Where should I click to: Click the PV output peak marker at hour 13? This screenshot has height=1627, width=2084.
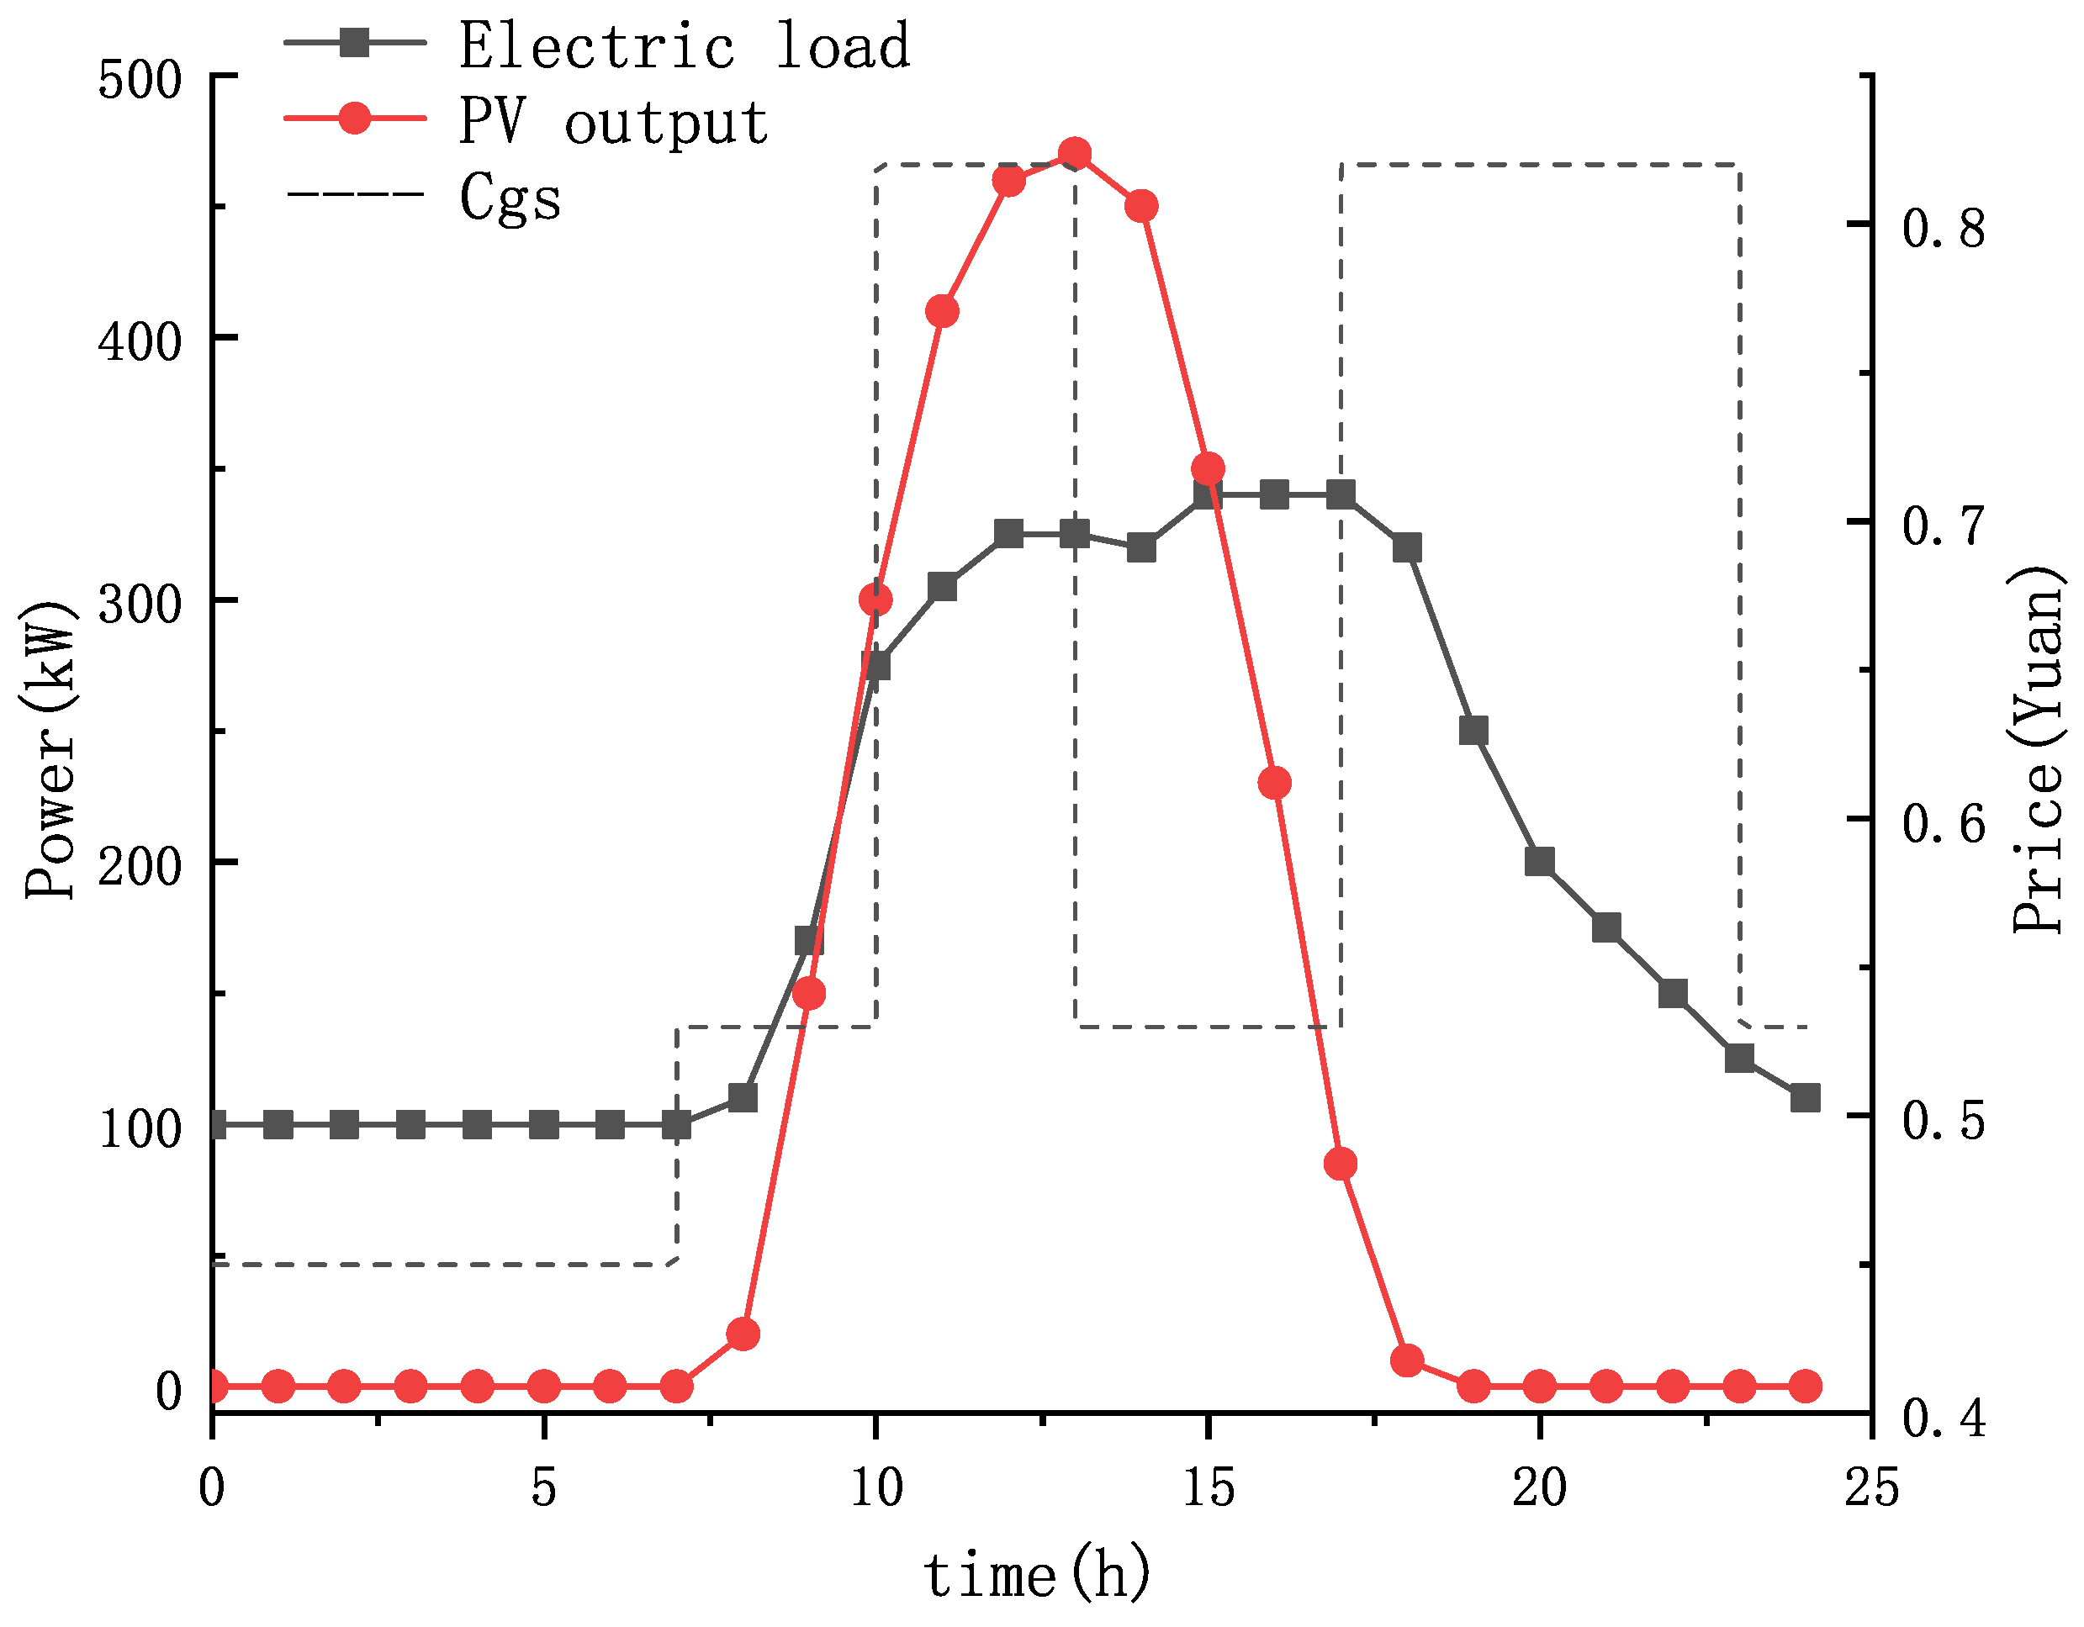click(x=1076, y=154)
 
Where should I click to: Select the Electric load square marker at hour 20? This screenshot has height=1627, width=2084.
click(x=1540, y=862)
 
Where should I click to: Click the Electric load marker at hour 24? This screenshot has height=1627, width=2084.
click(x=1806, y=1097)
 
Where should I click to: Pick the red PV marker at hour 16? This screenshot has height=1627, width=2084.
click(x=1275, y=784)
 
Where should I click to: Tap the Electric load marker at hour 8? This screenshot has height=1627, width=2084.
click(x=743, y=1097)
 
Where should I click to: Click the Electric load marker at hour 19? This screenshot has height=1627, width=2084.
click(x=1474, y=731)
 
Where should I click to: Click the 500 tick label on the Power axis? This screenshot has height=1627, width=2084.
click(x=140, y=80)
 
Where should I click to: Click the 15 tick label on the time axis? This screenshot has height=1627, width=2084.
click(x=1208, y=1488)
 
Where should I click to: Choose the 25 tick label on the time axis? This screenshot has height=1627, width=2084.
click(x=1871, y=1488)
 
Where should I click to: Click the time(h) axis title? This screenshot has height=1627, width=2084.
click(x=1037, y=1575)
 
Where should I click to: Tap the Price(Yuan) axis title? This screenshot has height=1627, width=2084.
click(x=2039, y=750)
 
